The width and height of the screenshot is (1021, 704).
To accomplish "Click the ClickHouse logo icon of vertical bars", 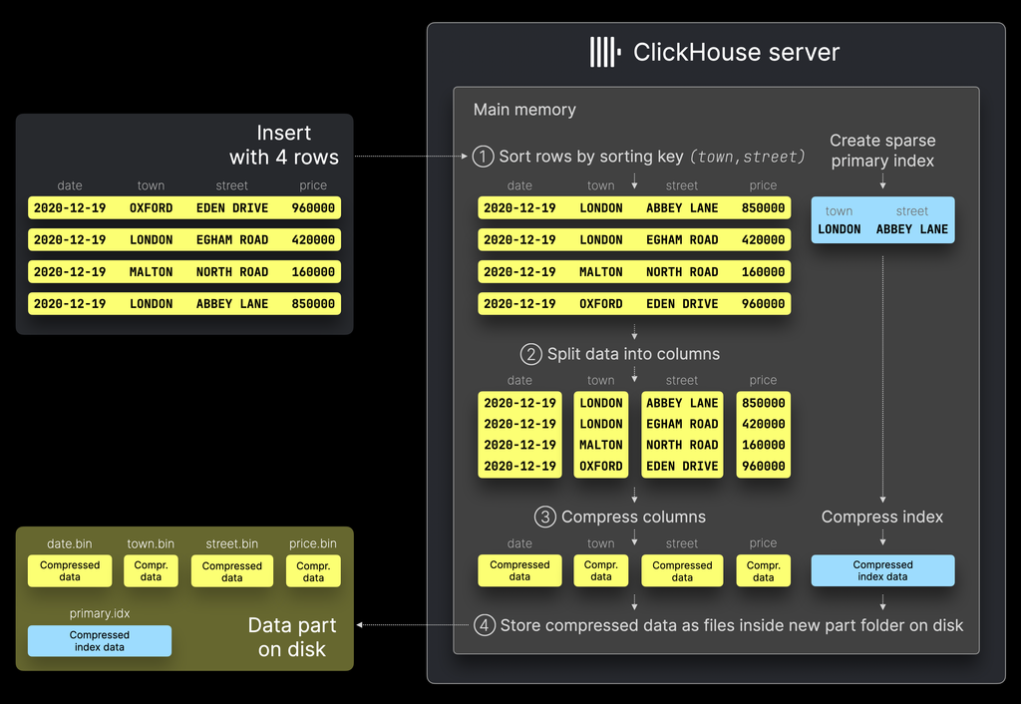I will (604, 52).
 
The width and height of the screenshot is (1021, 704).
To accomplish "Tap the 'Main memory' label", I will (524, 110).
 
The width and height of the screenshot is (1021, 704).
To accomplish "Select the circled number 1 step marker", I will (483, 157).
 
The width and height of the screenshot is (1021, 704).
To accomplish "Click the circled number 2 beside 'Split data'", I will (531, 354).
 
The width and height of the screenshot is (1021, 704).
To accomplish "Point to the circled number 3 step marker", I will (544, 517).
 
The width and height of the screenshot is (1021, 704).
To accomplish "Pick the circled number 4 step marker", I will (484, 625).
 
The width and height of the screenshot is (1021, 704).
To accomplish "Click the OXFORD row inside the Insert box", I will (184, 207).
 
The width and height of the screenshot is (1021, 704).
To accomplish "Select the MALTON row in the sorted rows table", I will (634, 271).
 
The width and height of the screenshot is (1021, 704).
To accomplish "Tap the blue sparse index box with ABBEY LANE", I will (882, 221).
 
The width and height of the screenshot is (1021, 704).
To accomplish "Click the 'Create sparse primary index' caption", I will (882, 151).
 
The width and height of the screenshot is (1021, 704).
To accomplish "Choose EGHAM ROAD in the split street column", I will (682, 424).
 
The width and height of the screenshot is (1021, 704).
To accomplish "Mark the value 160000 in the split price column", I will (763, 445).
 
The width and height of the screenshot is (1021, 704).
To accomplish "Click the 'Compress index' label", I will (882, 517).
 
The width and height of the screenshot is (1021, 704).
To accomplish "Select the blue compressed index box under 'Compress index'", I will (882, 570).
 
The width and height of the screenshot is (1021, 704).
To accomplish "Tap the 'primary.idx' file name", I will (100, 613).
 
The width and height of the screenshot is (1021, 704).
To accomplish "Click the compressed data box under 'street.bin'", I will (231, 571).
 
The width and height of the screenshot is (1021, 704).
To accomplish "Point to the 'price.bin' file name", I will (313, 543).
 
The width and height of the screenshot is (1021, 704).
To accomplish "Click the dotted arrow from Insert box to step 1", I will (411, 157).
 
